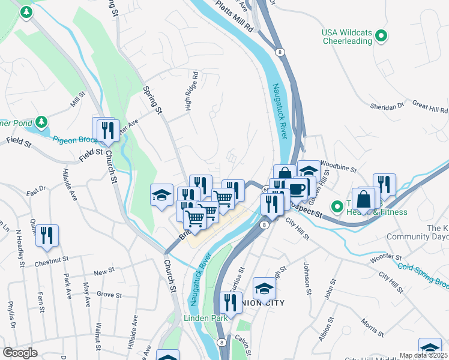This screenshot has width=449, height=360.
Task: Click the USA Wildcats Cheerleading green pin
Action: click(x=380, y=37)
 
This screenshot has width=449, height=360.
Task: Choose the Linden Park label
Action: click(x=205, y=318)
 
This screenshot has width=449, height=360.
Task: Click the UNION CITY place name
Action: click(x=264, y=302)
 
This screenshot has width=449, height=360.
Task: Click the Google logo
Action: click(x=20, y=353)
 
